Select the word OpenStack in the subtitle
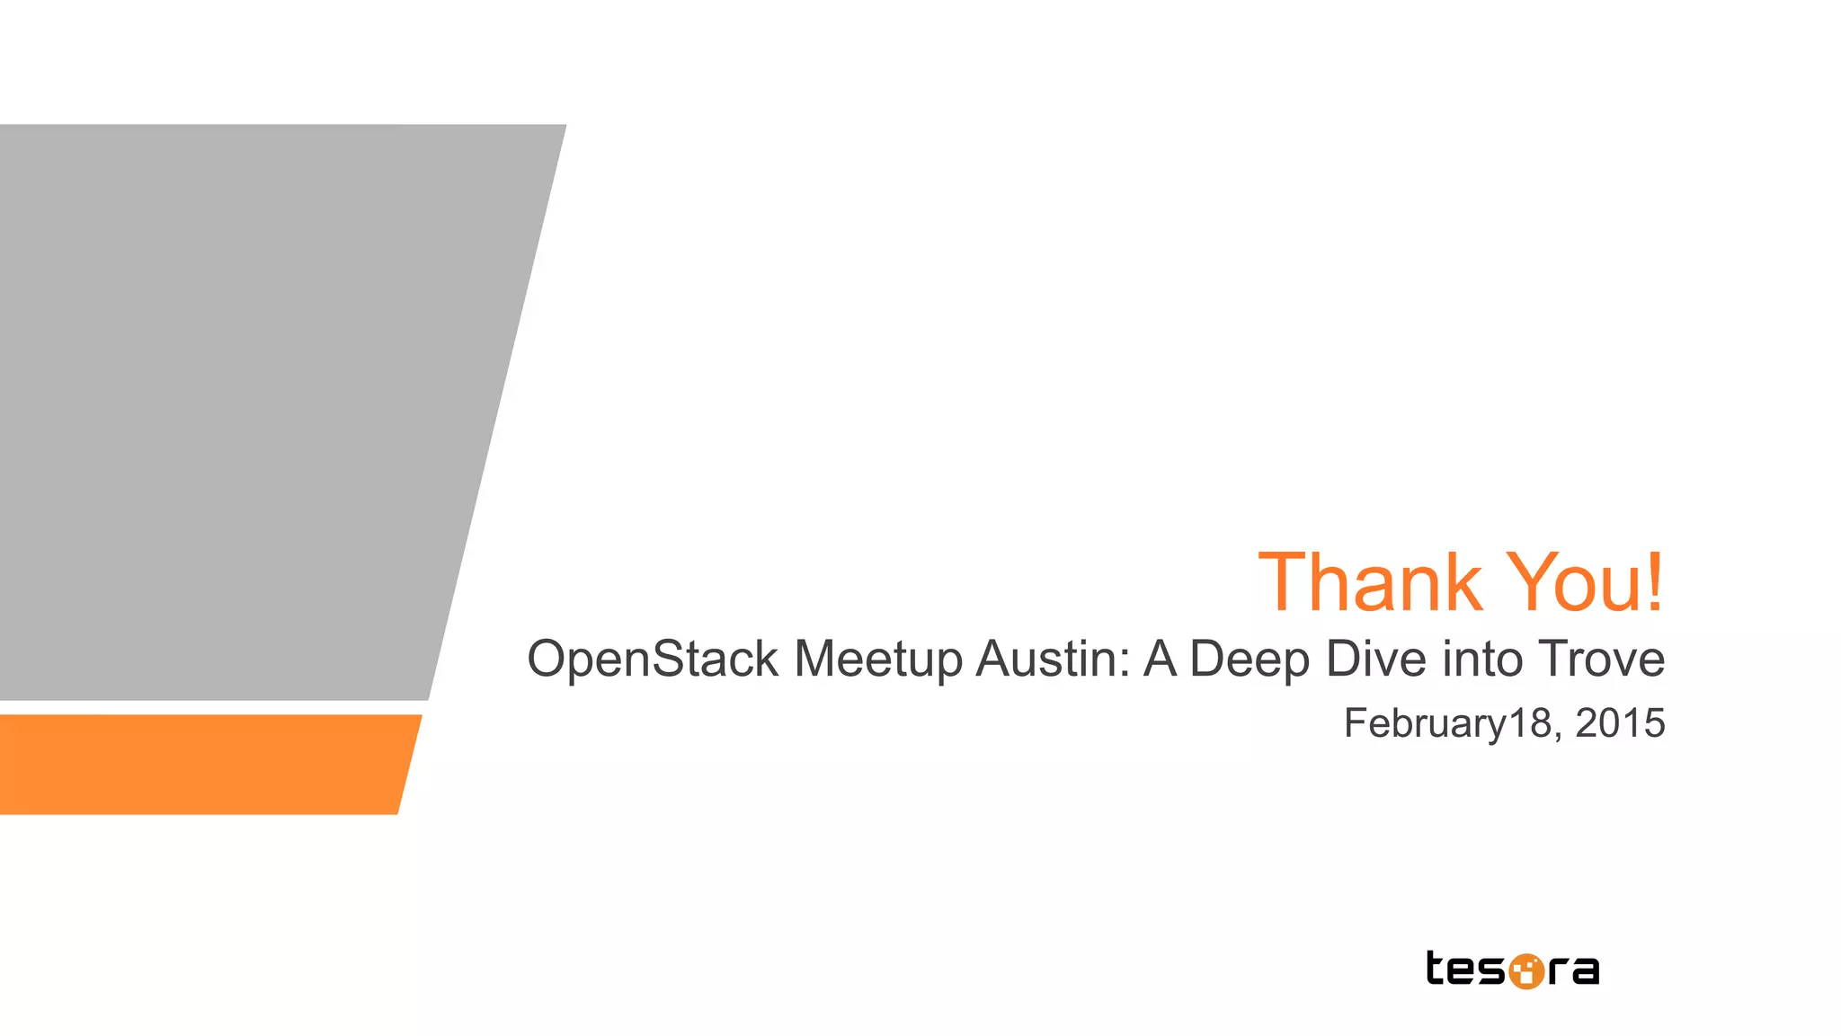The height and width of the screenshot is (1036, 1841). pyautogui.click(x=653, y=660)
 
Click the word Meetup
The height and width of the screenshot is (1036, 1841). pyautogui.click(x=878, y=660)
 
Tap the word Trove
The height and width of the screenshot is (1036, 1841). pyautogui.click(x=1601, y=659)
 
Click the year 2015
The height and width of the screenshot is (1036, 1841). pyautogui.click(x=1620, y=723)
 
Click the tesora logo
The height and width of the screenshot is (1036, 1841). pyautogui.click(x=1513, y=970)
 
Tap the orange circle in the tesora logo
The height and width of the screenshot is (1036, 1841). pyautogui.click(x=1525, y=971)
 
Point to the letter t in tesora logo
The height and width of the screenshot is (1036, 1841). pyautogui.click(x=1436, y=968)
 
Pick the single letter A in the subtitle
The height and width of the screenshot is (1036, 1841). pyautogui.click(x=1161, y=659)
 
